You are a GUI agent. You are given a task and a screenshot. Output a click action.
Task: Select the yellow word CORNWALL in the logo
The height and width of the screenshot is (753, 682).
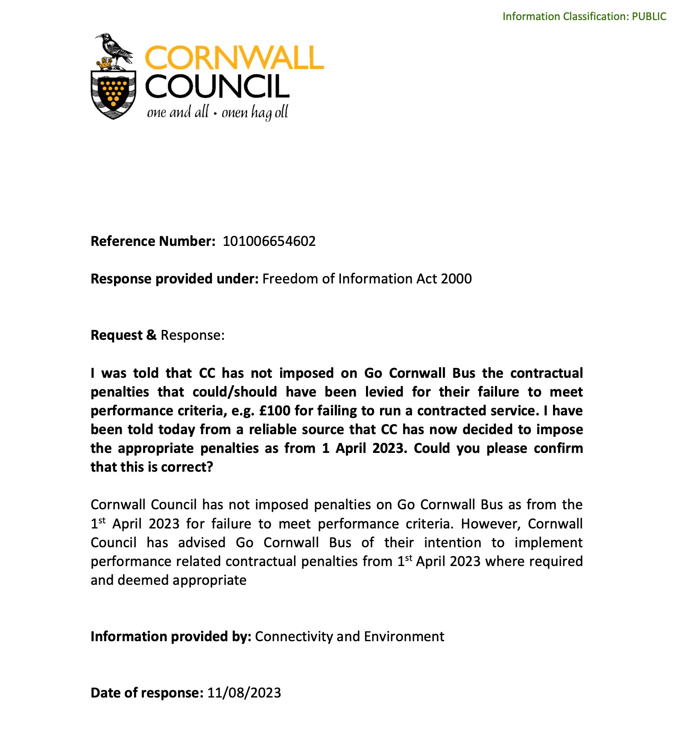[234, 58]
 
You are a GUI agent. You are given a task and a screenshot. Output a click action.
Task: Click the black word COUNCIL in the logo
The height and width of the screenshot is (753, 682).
[217, 87]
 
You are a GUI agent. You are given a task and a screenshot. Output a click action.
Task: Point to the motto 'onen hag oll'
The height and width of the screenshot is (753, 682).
[255, 113]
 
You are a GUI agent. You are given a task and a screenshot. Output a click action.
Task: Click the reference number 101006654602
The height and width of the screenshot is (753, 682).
[269, 241]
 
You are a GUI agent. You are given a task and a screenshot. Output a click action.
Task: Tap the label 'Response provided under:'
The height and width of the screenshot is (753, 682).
[174, 279]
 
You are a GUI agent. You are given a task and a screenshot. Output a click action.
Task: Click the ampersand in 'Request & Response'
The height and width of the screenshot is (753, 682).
[151, 335]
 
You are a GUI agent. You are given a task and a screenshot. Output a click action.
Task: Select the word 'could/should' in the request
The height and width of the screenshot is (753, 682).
[235, 392]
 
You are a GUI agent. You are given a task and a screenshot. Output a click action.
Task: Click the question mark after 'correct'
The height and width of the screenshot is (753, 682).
[209, 467]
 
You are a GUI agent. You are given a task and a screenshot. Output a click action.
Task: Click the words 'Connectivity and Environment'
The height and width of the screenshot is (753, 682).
[349, 636]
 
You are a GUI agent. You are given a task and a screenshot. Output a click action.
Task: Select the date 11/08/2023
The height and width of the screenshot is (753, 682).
[244, 693]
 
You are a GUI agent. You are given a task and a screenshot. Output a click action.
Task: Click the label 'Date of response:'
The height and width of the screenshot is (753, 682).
[147, 693]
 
